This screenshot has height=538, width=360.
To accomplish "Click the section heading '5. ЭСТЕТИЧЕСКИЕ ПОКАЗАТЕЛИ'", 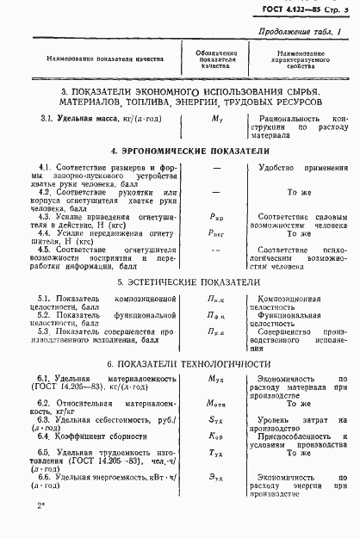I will point(179,280).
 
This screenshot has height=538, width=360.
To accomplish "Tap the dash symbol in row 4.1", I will point(213,170).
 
